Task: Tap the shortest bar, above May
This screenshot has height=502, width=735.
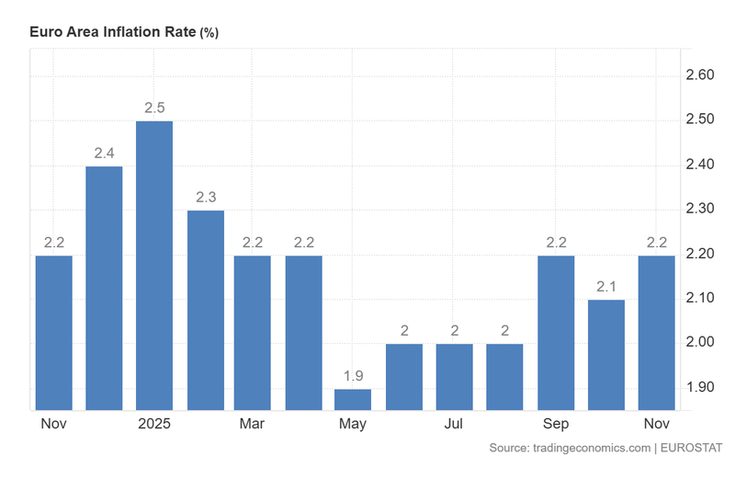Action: click(353, 399)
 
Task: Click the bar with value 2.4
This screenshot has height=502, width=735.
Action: click(104, 287)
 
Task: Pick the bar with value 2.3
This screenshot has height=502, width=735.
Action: click(205, 310)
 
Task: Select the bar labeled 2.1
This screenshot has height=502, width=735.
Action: click(606, 354)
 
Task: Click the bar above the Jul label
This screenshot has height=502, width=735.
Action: click(454, 376)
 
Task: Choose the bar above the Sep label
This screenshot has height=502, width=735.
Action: click(556, 332)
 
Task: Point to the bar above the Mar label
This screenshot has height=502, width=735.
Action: click(253, 332)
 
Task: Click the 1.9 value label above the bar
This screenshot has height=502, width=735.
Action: click(353, 376)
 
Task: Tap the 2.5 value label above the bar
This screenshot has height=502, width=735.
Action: click(154, 108)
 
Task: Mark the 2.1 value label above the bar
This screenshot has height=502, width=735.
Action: click(606, 287)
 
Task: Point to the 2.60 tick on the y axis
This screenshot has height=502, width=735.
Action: click(700, 74)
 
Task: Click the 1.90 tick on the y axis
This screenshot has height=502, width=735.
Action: click(700, 387)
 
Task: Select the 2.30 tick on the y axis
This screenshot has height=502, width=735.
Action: click(700, 209)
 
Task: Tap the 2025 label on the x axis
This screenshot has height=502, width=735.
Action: click(154, 424)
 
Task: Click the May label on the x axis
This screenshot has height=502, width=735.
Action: click(353, 424)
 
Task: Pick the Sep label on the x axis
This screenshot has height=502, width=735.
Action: click(556, 424)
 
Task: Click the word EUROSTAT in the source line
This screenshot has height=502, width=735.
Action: click(691, 448)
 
